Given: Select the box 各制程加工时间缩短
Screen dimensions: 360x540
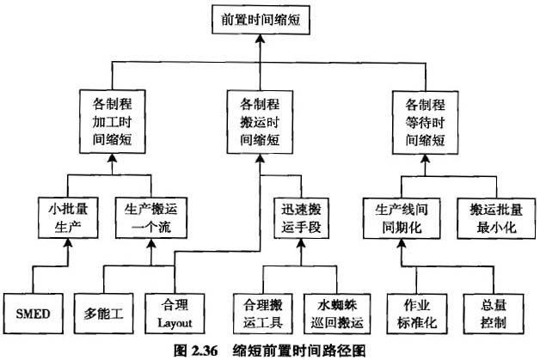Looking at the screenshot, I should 112,121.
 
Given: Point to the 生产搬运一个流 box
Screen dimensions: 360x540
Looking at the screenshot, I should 151,217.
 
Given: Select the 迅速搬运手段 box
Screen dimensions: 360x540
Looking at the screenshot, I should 299,217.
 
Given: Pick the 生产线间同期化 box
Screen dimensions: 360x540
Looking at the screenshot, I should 401,217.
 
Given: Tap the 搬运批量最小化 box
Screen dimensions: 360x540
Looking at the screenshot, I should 488,217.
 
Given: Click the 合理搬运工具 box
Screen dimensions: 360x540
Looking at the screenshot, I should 263,312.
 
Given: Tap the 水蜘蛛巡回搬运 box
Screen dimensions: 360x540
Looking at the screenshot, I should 335,312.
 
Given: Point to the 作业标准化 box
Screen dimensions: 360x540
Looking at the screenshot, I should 414,312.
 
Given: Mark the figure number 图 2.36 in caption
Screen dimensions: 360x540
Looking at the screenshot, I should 195,351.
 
